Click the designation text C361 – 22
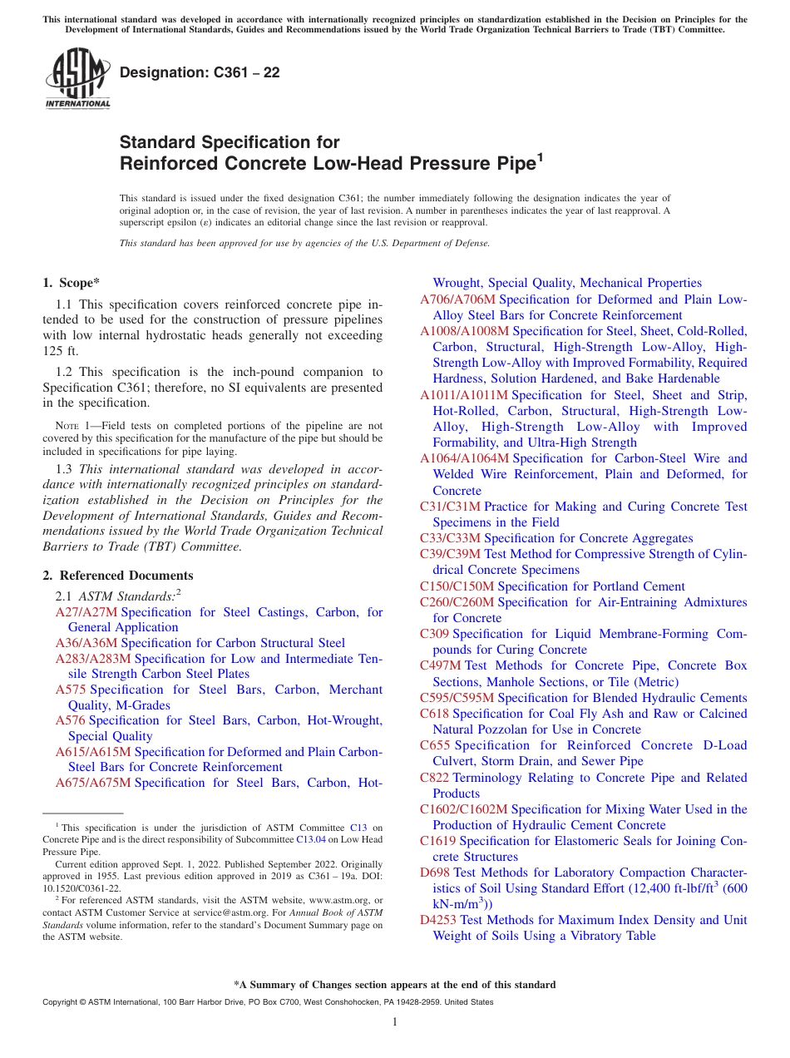pos(200,73)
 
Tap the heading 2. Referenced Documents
pos(118,576)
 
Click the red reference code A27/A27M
pos(86,612)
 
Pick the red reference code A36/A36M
pos(86,643)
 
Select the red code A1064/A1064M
pos(464,458)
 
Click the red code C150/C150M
pos(457,586)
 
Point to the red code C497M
pos(440,665)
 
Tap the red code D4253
pos(438,920)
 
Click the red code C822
pos(434,778)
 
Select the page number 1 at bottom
pos(395,1022)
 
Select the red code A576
pos(70,720)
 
